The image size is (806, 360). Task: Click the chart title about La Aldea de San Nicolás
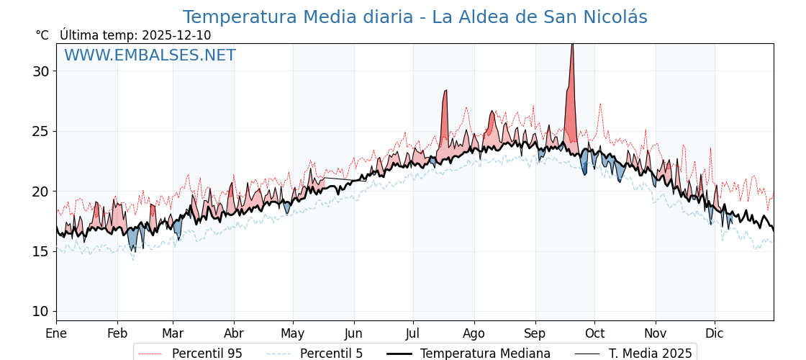tap(415, 17)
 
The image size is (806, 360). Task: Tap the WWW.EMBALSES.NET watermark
tap(150, 55)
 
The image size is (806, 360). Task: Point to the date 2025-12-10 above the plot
tap(176, 35)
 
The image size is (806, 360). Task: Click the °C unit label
tap(42, 35)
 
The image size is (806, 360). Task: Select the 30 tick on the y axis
tap(40, 71)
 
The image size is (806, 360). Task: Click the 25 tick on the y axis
tap(40, 131)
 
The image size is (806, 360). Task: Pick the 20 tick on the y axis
tap(40, 192)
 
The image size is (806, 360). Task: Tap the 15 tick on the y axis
tap(40, 251)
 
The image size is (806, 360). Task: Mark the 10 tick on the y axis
tap(40, 311)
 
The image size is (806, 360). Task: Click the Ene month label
tap(56, 333)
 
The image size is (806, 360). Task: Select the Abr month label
tap(234, 333)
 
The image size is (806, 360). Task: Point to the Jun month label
tap(353, 333)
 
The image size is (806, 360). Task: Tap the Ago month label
tap(474, 333)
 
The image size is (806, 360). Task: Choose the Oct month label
tap(594, 333)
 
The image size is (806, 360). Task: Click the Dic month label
tap(715, 333)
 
